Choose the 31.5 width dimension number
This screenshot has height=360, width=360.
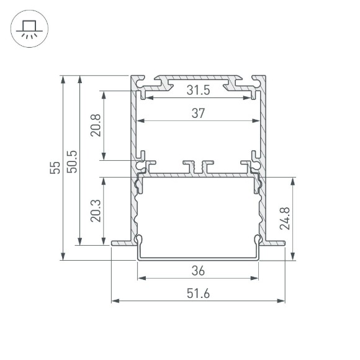tap(198, 91)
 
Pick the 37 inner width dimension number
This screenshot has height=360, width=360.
tap(198, 113)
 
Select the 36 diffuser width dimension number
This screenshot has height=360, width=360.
tap(198, 271)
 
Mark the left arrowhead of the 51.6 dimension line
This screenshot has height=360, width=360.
tap(114, 302)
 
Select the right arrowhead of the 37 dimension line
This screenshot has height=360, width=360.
tap(256, 121)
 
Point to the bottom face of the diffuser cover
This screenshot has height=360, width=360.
tap(197, 259)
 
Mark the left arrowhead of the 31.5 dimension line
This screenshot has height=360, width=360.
tap(146, 98)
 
